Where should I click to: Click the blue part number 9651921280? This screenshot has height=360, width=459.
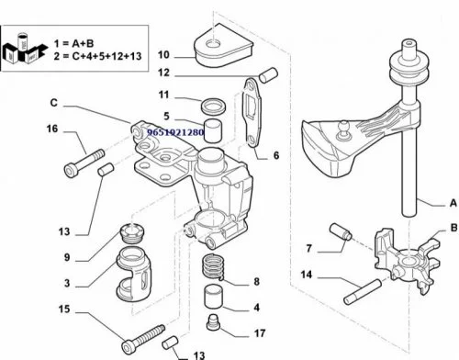[175, 132]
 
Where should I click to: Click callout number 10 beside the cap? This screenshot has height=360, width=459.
[163, 55]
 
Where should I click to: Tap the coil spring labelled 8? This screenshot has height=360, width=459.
[212, 266]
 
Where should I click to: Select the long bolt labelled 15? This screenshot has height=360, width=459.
[143, 339]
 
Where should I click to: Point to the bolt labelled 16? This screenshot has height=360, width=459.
[84, 163]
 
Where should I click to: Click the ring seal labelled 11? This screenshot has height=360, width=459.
[214, 106]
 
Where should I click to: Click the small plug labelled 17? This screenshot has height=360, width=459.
[213, 321]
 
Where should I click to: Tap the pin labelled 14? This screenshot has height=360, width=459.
[363, 291]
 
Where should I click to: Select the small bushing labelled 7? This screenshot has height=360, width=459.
[341, 231]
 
